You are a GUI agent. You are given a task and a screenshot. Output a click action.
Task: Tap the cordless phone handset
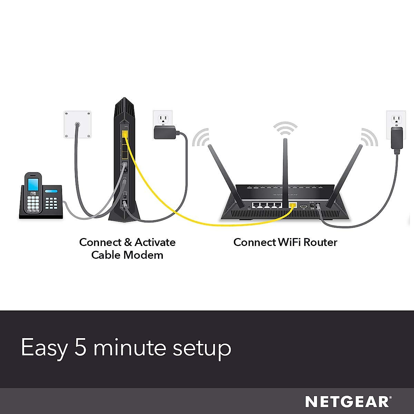coord(33,193)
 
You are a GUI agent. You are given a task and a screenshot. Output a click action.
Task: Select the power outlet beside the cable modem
coord(162,119)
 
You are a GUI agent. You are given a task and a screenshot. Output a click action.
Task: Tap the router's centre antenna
coord(285,162)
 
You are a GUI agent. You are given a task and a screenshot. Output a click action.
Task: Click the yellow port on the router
coord(293,205)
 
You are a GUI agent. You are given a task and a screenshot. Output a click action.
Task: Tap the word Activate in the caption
coord(155,242)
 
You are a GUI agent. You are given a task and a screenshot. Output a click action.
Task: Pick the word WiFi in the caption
coord(290,242)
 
